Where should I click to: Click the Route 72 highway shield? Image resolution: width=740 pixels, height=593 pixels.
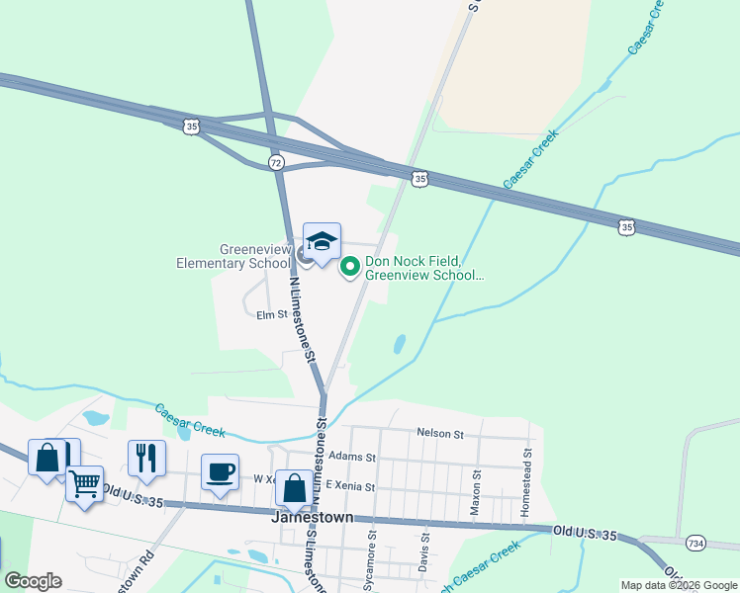tap(276, 161)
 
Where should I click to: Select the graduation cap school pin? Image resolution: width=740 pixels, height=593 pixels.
tap(322, 243)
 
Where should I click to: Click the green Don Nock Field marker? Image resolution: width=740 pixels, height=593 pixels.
tap(349, 267)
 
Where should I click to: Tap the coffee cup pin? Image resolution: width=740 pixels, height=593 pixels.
tap(220, 471)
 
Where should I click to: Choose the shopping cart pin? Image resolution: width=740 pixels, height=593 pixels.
tap(85, 485)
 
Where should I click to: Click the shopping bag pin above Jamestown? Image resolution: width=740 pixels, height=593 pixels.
tap(294, 489)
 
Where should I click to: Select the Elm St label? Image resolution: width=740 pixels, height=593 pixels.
tap(271, 315)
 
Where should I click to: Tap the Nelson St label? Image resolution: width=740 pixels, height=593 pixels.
tap(440, 433)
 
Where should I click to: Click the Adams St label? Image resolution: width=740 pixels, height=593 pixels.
tap(353, 458)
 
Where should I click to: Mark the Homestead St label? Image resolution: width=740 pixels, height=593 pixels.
tap(527, 483)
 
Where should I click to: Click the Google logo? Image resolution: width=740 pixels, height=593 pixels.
tap(33, 581)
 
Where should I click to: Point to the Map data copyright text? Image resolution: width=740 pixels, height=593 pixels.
tap(680, 585)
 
